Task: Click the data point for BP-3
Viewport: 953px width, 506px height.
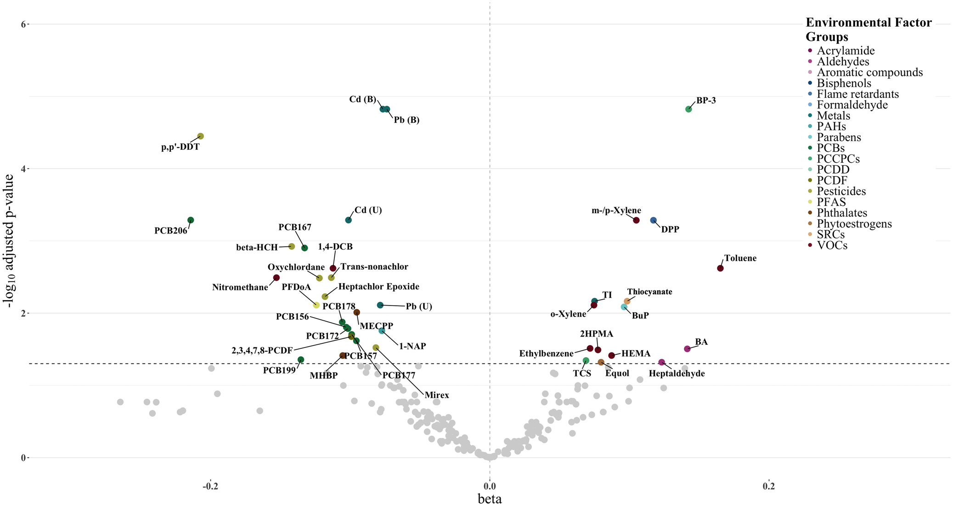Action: pos(688,109)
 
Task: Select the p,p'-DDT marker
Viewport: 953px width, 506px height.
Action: pos(201,136)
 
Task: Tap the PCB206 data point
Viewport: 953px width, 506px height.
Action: pos(191,220)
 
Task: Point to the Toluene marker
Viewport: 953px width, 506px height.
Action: pos(720,268)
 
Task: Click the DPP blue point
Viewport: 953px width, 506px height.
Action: pos(654,221)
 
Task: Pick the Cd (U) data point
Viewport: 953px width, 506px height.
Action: pos(349,220)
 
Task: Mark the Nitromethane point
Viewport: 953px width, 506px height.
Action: pos(276,278)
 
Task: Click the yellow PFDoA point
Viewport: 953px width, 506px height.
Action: pos(316,305)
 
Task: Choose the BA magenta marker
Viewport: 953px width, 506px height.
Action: pos(687,349)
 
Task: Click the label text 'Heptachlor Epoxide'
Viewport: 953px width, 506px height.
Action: pos(378,287)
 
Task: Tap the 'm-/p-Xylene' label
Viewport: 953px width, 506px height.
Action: pos(616,211)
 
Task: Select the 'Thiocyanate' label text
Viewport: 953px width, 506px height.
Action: pos(649,292)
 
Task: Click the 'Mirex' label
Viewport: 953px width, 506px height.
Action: pos(437,395)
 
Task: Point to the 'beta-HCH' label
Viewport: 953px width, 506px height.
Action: pos(257,248)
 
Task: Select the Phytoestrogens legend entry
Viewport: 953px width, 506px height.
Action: pos(854,224)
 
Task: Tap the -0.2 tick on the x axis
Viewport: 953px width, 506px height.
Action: pos(210,486)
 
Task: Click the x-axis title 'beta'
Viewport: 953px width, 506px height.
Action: pos(490,499)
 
